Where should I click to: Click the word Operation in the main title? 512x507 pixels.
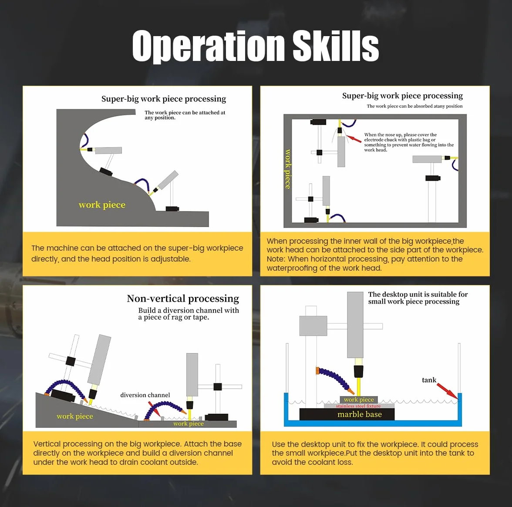coord(209,46)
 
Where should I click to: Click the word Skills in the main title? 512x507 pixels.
coord(336,45)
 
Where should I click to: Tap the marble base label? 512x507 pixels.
coord(360,414)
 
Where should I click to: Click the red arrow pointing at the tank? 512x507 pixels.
coord(448,391)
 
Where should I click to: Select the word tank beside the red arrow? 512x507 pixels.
coord(429,380)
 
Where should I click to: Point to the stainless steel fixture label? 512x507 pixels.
coord(358,406)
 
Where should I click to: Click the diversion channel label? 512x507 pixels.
coord(145,395)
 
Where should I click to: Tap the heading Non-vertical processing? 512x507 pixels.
coord(183,299)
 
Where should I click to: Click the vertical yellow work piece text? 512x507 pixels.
coord(287,169)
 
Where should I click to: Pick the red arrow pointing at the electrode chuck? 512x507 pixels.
coord(354,139)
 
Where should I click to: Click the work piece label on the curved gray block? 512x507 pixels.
coord(102,205)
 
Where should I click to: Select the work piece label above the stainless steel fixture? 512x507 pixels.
coord(359,400)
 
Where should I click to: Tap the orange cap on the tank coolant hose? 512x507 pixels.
coord(317,371)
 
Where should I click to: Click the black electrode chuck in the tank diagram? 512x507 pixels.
coord(359,372)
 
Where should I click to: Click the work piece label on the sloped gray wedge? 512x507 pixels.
coord(75,416)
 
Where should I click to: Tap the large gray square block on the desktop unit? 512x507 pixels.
coord(313,326)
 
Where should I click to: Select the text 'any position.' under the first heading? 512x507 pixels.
coord(160,118)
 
